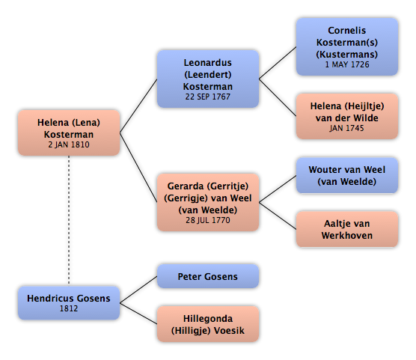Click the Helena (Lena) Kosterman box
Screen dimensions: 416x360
coord(69,132)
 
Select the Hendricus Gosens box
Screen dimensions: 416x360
coord(69,302)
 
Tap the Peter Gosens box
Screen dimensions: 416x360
coord(208,276)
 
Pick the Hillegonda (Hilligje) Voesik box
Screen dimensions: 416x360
coord(208,324)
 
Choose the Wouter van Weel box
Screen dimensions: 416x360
coord(347,175)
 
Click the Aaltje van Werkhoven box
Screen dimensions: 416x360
coord(347,229)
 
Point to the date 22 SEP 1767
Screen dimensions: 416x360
coord(208,97)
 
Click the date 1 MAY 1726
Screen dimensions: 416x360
coord(347,64)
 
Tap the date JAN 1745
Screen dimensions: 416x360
coord(346,128)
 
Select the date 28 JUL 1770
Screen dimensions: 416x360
coord(208,220)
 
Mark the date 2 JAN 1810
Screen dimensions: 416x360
coord(69,144)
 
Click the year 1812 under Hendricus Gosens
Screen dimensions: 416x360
coord(69,308)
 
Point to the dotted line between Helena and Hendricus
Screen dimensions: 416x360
coord(69,220)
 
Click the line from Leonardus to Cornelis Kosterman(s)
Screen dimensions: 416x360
coord(278,63)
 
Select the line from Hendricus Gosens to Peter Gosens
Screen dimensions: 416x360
coord(138,290)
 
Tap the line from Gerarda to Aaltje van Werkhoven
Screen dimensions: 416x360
coord(278,216)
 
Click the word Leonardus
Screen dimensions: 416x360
coord(208,63)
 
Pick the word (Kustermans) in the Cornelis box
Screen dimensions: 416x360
coord(347,55)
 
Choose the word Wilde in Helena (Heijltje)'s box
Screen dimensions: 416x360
coord(365,118)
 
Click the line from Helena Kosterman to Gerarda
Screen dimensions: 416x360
coord(138,168)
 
